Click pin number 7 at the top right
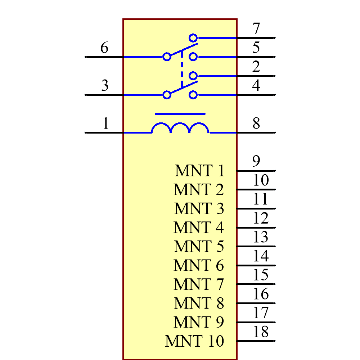coord(256,28)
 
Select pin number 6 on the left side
coord(104,48)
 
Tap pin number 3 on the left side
coord(105,86)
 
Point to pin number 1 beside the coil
coord(105,123)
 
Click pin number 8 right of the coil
coord(256,123)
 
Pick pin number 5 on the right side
coord(256,48)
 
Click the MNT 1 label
coord(200,171)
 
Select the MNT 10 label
coord(195,341)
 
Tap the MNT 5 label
coord(199,247)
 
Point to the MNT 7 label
coord(199,284)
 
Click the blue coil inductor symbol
coord(180,129)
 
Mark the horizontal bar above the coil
coord(180,114)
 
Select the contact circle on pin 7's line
coord(193,38)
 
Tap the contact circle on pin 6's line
coord(167,57)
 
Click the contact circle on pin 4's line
coord(193,95)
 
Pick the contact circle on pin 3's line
coord(167,95)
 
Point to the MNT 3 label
coord(199,209)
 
